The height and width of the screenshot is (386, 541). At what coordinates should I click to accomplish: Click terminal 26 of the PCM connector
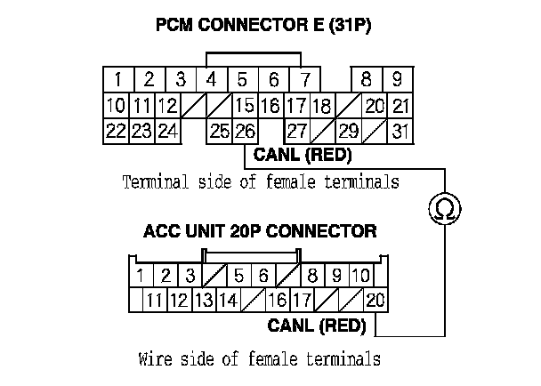[245, 131]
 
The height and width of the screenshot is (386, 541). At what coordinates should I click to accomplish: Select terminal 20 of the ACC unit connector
[375, 300]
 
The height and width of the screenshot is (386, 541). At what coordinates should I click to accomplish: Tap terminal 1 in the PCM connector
[117, 79]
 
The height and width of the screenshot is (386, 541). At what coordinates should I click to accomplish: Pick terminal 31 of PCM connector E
[401, 131]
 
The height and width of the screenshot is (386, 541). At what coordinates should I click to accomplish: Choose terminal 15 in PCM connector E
[245, 106]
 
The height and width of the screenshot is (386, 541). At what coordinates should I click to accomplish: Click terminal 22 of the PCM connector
[115, 131]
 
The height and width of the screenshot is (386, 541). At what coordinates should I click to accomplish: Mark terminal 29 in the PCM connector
[348, 131]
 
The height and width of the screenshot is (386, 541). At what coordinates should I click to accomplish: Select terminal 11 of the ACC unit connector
[155, 300]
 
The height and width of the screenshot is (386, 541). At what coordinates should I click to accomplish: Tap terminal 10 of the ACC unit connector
[360, 275]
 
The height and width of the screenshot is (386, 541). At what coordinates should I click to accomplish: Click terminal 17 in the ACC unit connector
[302, 300]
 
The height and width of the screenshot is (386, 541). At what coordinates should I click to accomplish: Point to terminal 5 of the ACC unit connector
[238, 275]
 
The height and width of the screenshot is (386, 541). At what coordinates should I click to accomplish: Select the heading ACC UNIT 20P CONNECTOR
[260, 231]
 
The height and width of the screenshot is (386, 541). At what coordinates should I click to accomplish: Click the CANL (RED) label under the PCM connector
[303, 156]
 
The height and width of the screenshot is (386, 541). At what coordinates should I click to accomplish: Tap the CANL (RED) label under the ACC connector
[317, 326]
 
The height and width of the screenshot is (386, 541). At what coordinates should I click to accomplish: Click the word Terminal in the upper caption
[152, 182]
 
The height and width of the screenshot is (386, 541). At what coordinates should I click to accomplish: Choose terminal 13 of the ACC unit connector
[204, 300]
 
